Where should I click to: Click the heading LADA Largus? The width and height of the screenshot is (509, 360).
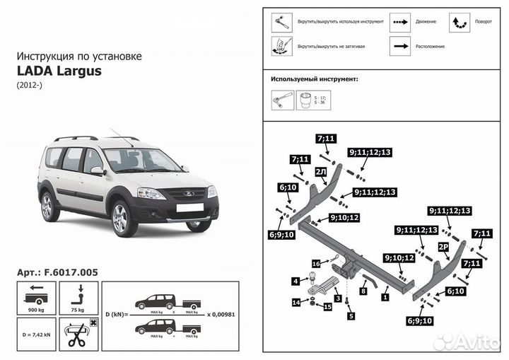[58, 71]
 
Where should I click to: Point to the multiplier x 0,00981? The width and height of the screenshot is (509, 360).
[221, 312]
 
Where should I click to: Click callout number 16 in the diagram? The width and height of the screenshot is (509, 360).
[316, 263]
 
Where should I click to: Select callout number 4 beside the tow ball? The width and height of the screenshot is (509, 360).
[296, 281]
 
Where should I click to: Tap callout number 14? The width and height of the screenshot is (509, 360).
[296, 303]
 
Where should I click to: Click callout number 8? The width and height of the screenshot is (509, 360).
[363, 290]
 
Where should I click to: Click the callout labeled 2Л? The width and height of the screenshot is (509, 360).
[321, 172]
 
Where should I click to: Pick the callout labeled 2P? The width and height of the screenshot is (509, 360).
[443, 246]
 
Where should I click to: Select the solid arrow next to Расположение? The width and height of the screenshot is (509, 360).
[402, 46]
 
